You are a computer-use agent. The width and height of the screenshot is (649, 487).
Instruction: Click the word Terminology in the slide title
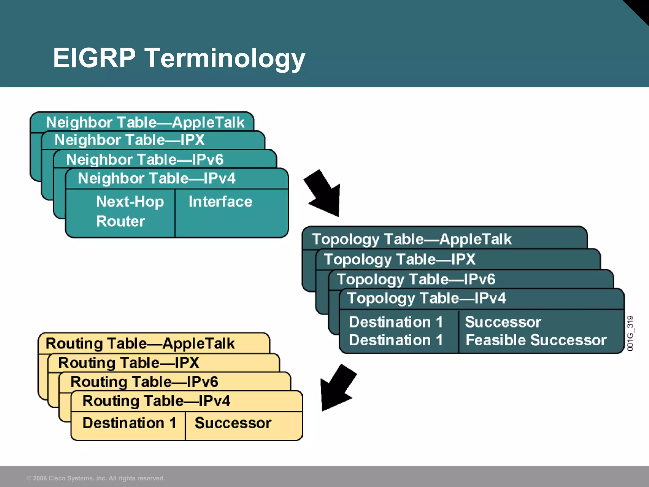click(225, 58)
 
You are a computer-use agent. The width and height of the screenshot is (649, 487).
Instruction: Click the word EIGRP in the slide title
click(94, 58)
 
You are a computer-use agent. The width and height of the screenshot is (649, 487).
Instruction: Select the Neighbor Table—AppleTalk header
click(145, 122)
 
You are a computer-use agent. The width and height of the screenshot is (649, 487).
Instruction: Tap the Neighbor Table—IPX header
click(130, 140)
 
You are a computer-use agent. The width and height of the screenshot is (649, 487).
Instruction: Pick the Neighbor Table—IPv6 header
click(145, 159)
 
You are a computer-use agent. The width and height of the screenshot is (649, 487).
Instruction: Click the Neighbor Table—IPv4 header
click(157, 178)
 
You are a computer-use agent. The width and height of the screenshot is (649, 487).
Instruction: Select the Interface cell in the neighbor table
click(220, 202)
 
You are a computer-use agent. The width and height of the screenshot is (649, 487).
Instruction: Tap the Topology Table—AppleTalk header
click(411, 239)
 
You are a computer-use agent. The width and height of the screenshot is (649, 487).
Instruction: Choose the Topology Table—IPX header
click(399, 259)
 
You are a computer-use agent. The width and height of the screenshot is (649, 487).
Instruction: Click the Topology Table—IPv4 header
click(426, 298)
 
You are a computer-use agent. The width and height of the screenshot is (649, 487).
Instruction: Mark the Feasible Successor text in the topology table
click(536, 340)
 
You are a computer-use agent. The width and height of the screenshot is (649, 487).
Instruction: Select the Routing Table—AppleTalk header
click(140, 344)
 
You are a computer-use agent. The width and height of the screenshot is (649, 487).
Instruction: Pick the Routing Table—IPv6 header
click(144, 382)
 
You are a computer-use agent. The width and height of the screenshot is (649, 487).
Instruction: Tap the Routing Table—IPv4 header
click(156, 401)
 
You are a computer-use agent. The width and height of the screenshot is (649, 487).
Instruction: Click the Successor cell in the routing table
click(233, 423)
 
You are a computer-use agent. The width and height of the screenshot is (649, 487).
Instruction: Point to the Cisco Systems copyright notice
click(95, 478)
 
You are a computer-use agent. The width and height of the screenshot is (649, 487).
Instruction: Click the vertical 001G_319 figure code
click(630, 333)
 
